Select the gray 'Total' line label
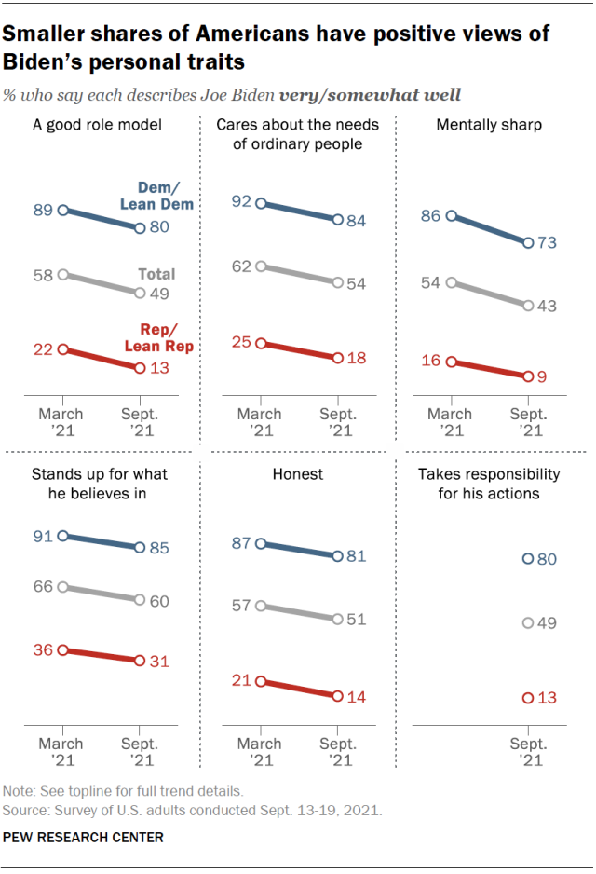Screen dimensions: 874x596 [x=156, y=275]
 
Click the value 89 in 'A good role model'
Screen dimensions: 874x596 [x=42, y=211]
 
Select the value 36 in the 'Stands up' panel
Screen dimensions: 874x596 [x=42, y=650]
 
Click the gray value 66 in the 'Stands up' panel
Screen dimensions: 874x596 [x=42, y=587]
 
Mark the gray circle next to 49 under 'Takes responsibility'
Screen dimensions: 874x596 [x=528, y=622]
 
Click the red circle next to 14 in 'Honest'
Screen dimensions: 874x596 [x=337, y=695]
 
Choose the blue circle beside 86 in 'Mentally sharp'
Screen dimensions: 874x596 [x=452, y=216]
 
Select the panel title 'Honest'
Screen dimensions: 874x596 [x=297, y=474]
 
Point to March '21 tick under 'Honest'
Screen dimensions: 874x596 [x=259, y=752]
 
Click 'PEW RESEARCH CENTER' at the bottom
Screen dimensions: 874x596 [x=84, y=838]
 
